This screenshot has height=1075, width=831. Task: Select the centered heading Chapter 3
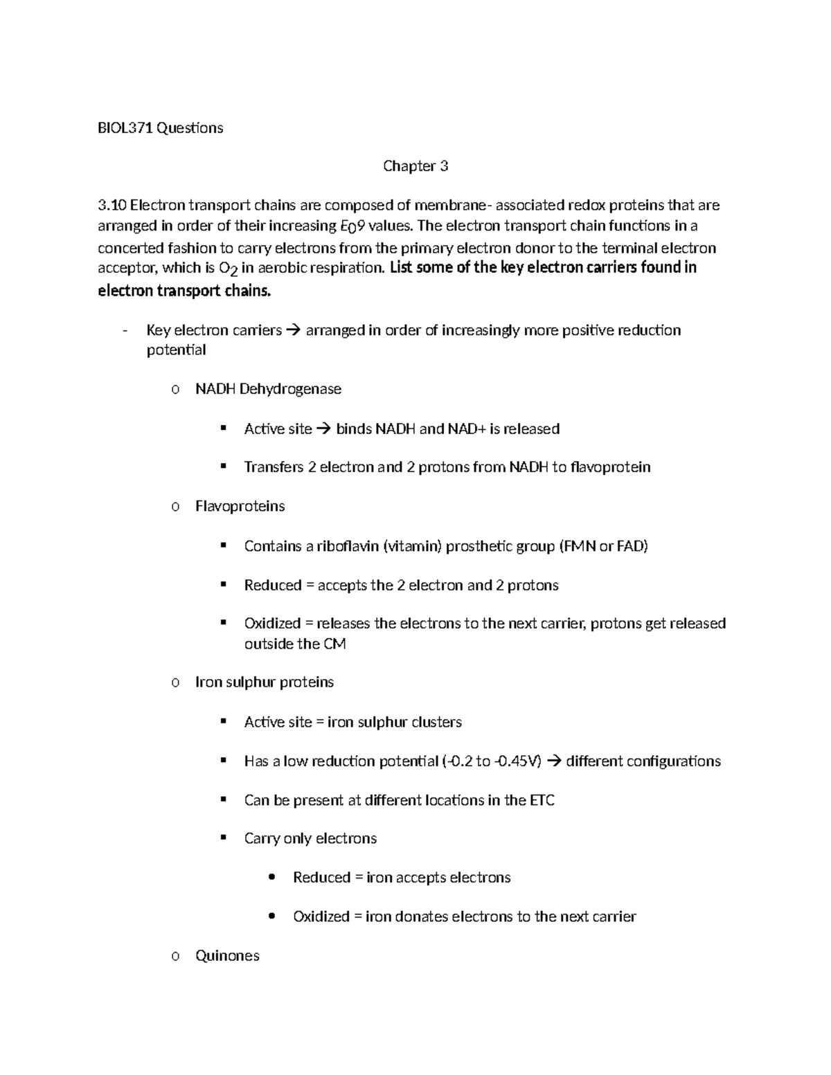pos(415,166)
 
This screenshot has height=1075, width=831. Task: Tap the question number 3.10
pos(112,206)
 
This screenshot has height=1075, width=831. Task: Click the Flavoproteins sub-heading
pos(240,507)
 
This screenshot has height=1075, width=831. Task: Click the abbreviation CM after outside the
pos(334,644)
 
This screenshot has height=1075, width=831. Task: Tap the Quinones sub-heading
pos(227,956)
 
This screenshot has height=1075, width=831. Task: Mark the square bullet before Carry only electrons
pos(223,838)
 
